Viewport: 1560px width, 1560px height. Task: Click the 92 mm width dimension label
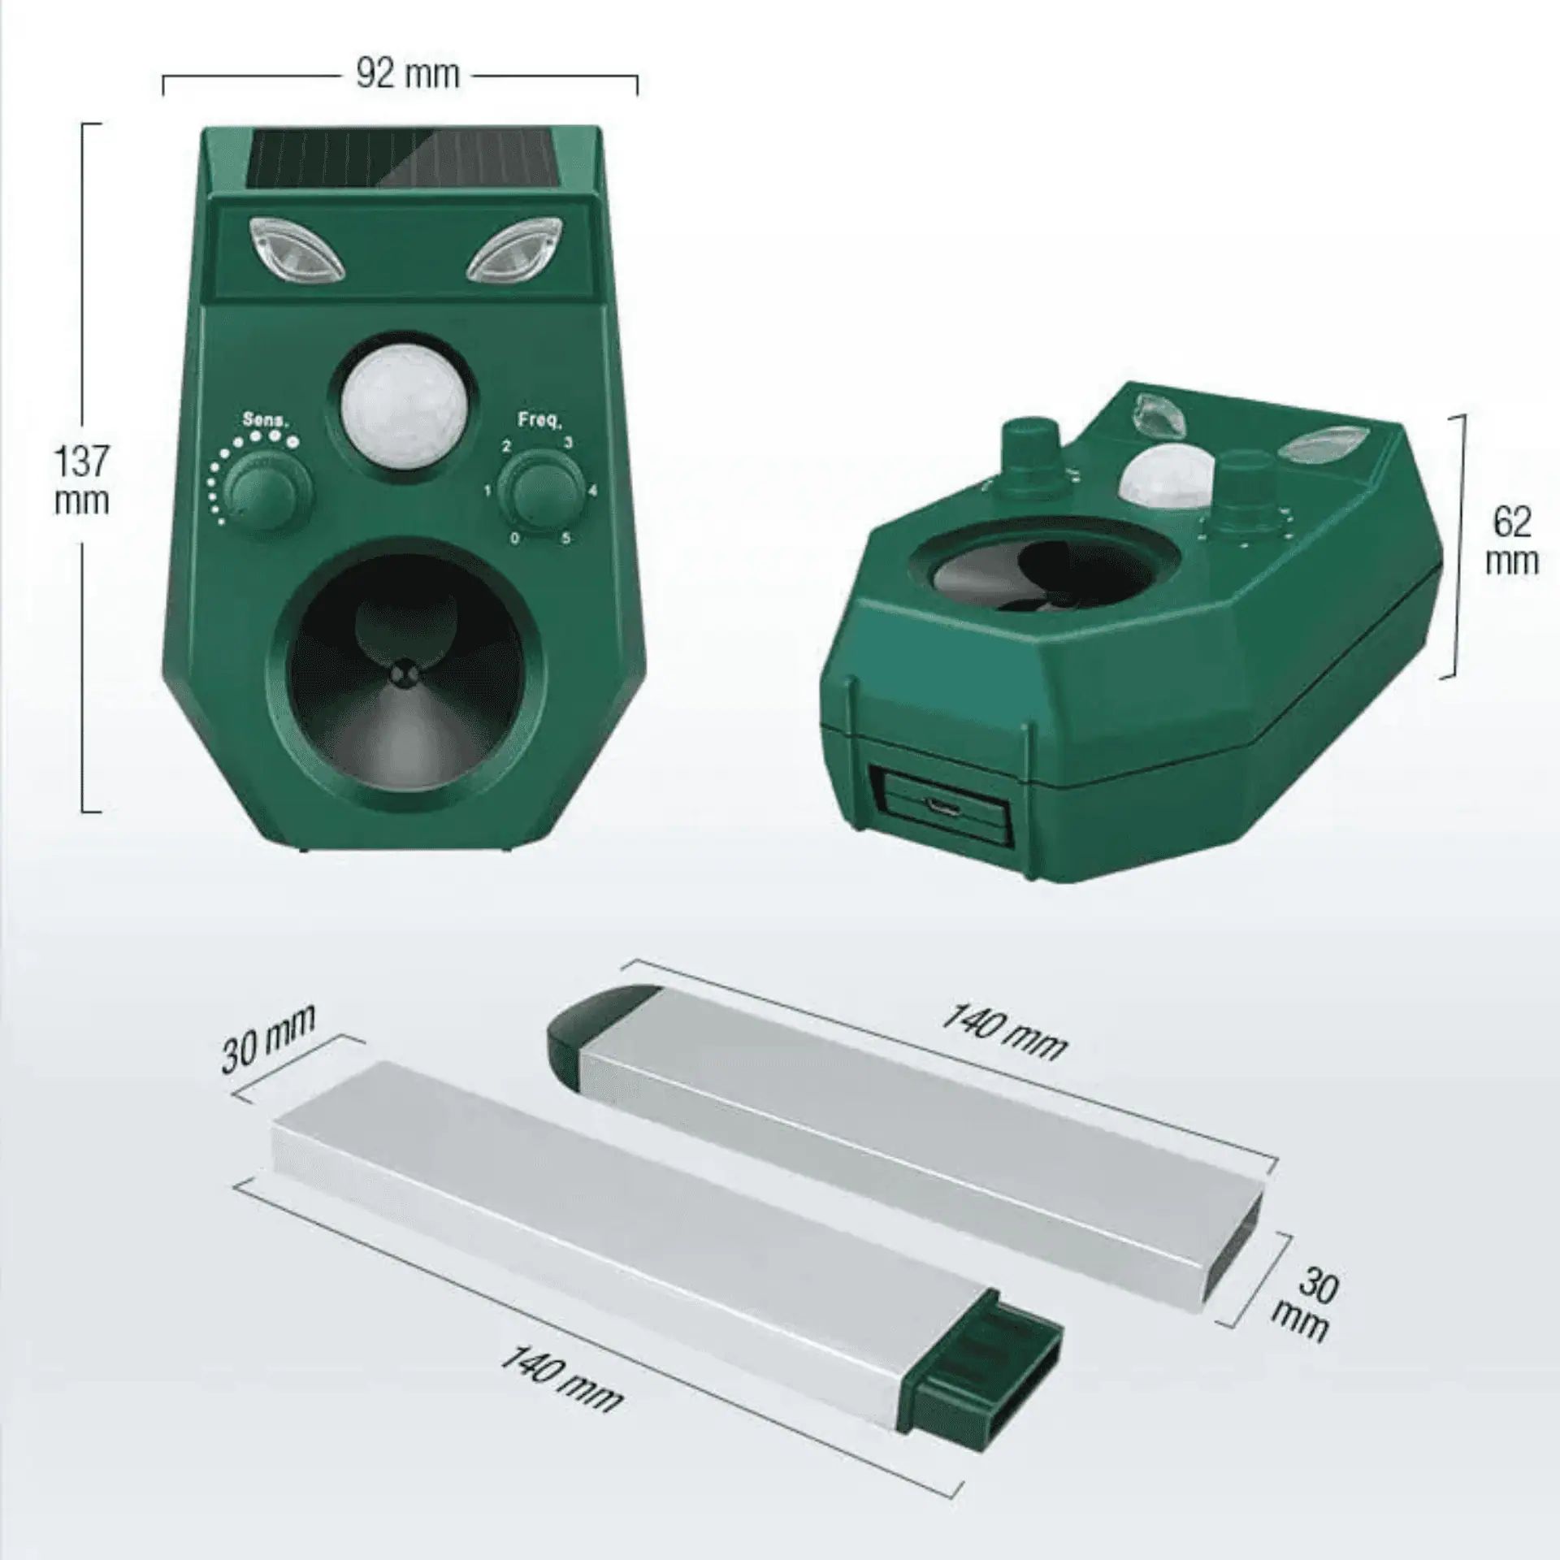point(408,75)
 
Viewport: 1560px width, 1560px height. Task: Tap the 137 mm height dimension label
point(82,481)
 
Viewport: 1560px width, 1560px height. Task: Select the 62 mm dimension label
point(1511,541)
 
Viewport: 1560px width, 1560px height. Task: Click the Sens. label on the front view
point(266,419)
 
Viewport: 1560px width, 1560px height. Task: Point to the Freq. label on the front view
point(539,420)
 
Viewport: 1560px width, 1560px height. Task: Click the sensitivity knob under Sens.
point(268,492)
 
